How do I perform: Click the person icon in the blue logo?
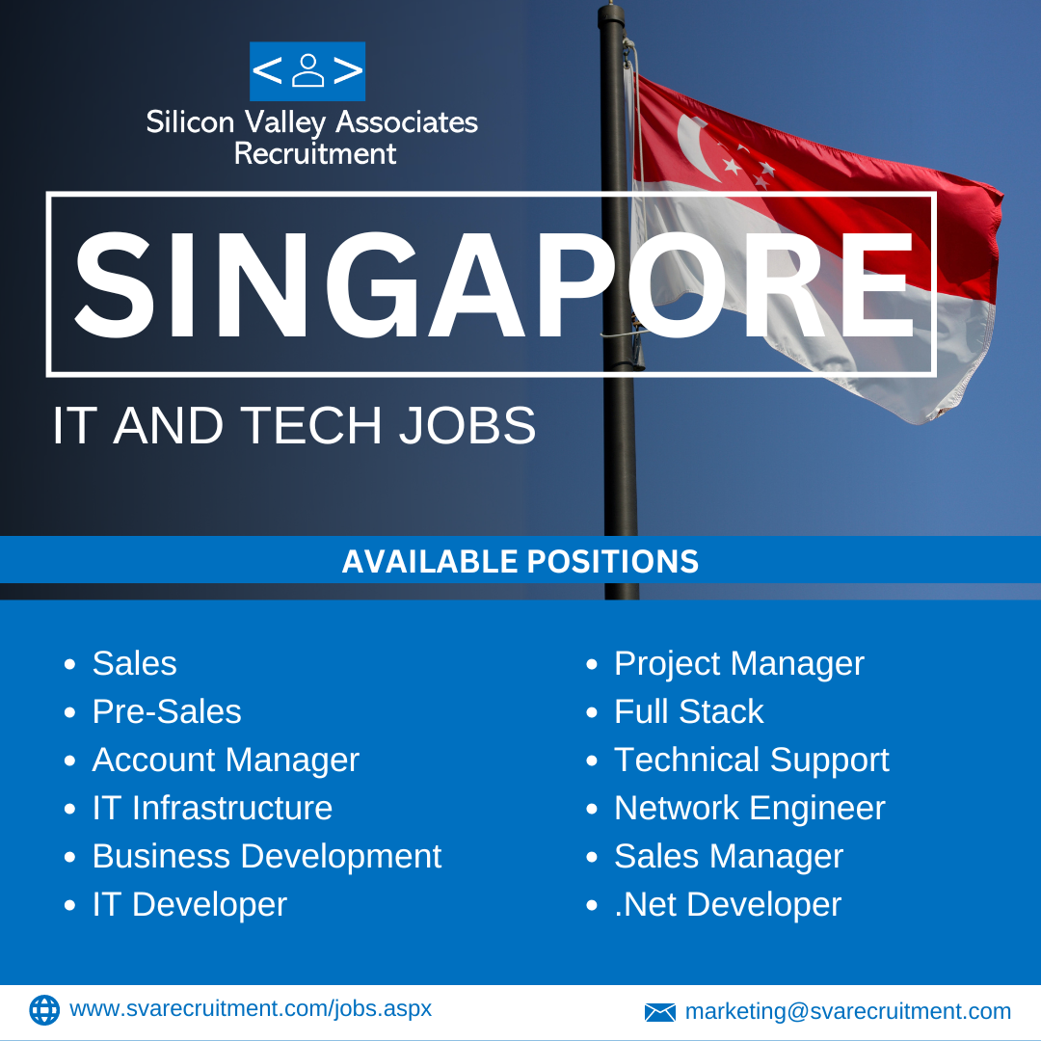(307, 71)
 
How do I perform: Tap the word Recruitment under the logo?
(314, 153)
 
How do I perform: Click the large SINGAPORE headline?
(494, 284)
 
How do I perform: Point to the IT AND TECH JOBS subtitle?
(293, 425)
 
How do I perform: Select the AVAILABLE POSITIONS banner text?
(520, 561)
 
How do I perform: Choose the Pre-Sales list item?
(167, 711)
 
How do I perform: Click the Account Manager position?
(226, 761)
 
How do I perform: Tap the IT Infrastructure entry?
(212, 808)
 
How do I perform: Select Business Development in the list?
(267, 857)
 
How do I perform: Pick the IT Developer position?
(190, 905)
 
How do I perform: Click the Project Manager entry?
(739, 664)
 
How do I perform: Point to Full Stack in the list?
(688, 711)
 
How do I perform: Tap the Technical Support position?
(752, 761)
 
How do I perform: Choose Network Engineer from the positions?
(750, 808)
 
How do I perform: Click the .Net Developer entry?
(728, 905)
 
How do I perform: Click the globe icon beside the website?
(44, 1010)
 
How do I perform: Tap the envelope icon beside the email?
(660, 1012)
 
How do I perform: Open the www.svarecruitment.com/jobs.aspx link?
(251, 1009)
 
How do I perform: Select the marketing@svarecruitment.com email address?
(848, 1011)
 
